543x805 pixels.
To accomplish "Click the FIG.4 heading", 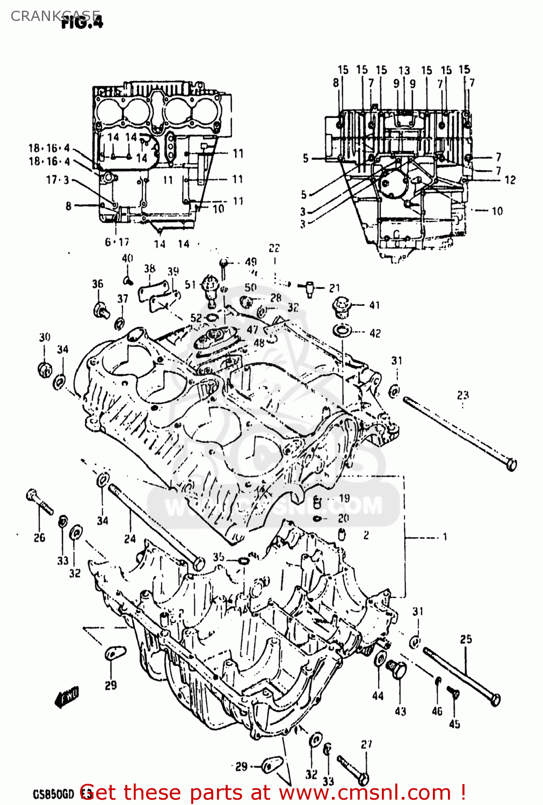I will tap(82, 22).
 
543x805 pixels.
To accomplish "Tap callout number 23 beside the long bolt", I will tap(462, 396).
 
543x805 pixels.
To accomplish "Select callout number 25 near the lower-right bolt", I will tap(466, 639).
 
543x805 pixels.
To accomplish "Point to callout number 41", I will tap(374, 305).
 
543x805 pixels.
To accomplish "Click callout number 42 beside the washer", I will tap(375, 333).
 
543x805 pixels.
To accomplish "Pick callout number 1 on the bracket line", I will tap(444, 537).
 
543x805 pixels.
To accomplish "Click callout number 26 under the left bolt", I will tap(39, 538).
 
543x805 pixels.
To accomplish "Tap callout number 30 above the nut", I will tap(45, 337).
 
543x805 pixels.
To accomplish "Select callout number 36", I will tap(97, 284).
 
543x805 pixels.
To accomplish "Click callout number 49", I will tap(251, 262).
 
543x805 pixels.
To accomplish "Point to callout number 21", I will tap(335, 288).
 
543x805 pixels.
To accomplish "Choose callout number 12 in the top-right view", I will tap(510, 180).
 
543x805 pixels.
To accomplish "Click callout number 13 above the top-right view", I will tap(404, 70).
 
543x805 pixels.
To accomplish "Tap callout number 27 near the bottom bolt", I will tap(366, 744).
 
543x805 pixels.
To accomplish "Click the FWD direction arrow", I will tap(67, 697).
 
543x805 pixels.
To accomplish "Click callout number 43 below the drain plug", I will tap(400, 712).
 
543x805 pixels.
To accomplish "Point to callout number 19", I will tap(344, 498).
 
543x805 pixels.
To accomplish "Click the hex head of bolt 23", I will tap(511, 464).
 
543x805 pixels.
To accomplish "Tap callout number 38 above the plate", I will tap(149, 268).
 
